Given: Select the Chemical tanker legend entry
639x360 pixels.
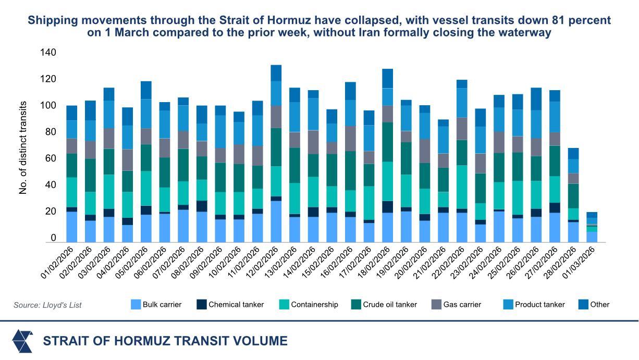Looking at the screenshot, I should click(x=236, y=305).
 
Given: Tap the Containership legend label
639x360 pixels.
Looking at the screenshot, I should click(x=314, y=305).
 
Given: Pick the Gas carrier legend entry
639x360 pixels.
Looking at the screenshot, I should click(x=462, y=305).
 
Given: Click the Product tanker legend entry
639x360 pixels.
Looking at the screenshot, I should click(x=539, y=305).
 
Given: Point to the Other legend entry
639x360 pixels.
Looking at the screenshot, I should click(x=599, y=305).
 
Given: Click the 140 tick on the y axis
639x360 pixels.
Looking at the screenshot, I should click(x=47, y=53).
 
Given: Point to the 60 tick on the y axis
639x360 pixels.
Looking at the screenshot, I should click(x=50, y=158).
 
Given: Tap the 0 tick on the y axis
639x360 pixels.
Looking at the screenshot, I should click(x=53, y=238).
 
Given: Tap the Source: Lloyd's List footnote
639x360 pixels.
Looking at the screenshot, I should click(x=47, y=305).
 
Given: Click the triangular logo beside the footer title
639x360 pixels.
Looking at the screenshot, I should click(x=22, y=341).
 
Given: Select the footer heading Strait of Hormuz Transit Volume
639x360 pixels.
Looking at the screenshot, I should click(x=165, y=341).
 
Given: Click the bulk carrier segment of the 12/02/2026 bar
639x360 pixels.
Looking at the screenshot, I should click(x=276, y=221).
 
